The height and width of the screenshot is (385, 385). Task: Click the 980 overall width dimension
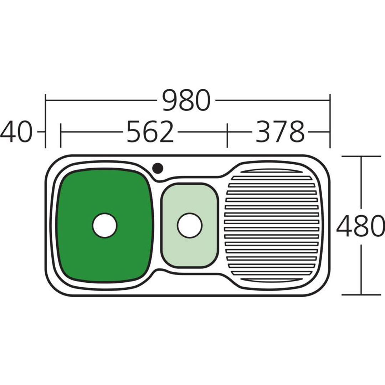pos(186,100)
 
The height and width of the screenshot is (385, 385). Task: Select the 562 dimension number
pos(150,132)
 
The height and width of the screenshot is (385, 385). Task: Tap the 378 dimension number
pos(280,132)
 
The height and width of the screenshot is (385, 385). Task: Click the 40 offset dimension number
pos(16,132)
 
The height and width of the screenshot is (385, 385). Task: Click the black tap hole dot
pos(158,168)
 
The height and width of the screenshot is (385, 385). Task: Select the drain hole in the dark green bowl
pos(105,225)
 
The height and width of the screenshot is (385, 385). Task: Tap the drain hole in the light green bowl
pos(190,225)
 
